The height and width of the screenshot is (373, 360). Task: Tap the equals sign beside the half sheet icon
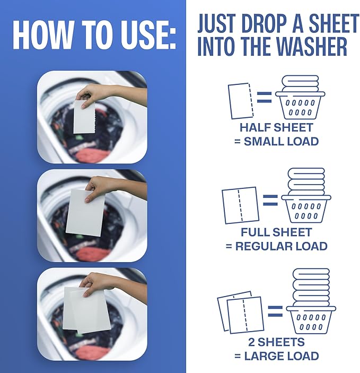click(x=264, y=97)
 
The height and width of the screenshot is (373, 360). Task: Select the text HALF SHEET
click(x=276, y=128)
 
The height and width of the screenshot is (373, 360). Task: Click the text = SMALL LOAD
click(x=276, y=142)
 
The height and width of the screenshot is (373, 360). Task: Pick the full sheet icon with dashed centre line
click(x=240, y=205)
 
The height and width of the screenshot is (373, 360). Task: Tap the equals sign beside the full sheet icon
click(x=270, y=201)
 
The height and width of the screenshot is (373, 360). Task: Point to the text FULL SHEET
click(x=276, y=232)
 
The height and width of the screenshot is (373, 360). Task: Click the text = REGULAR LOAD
click(x=276, y=246)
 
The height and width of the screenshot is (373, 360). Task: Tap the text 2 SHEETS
click(x=276, y=342)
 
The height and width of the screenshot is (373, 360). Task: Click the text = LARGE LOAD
click(x=276, y=356)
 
